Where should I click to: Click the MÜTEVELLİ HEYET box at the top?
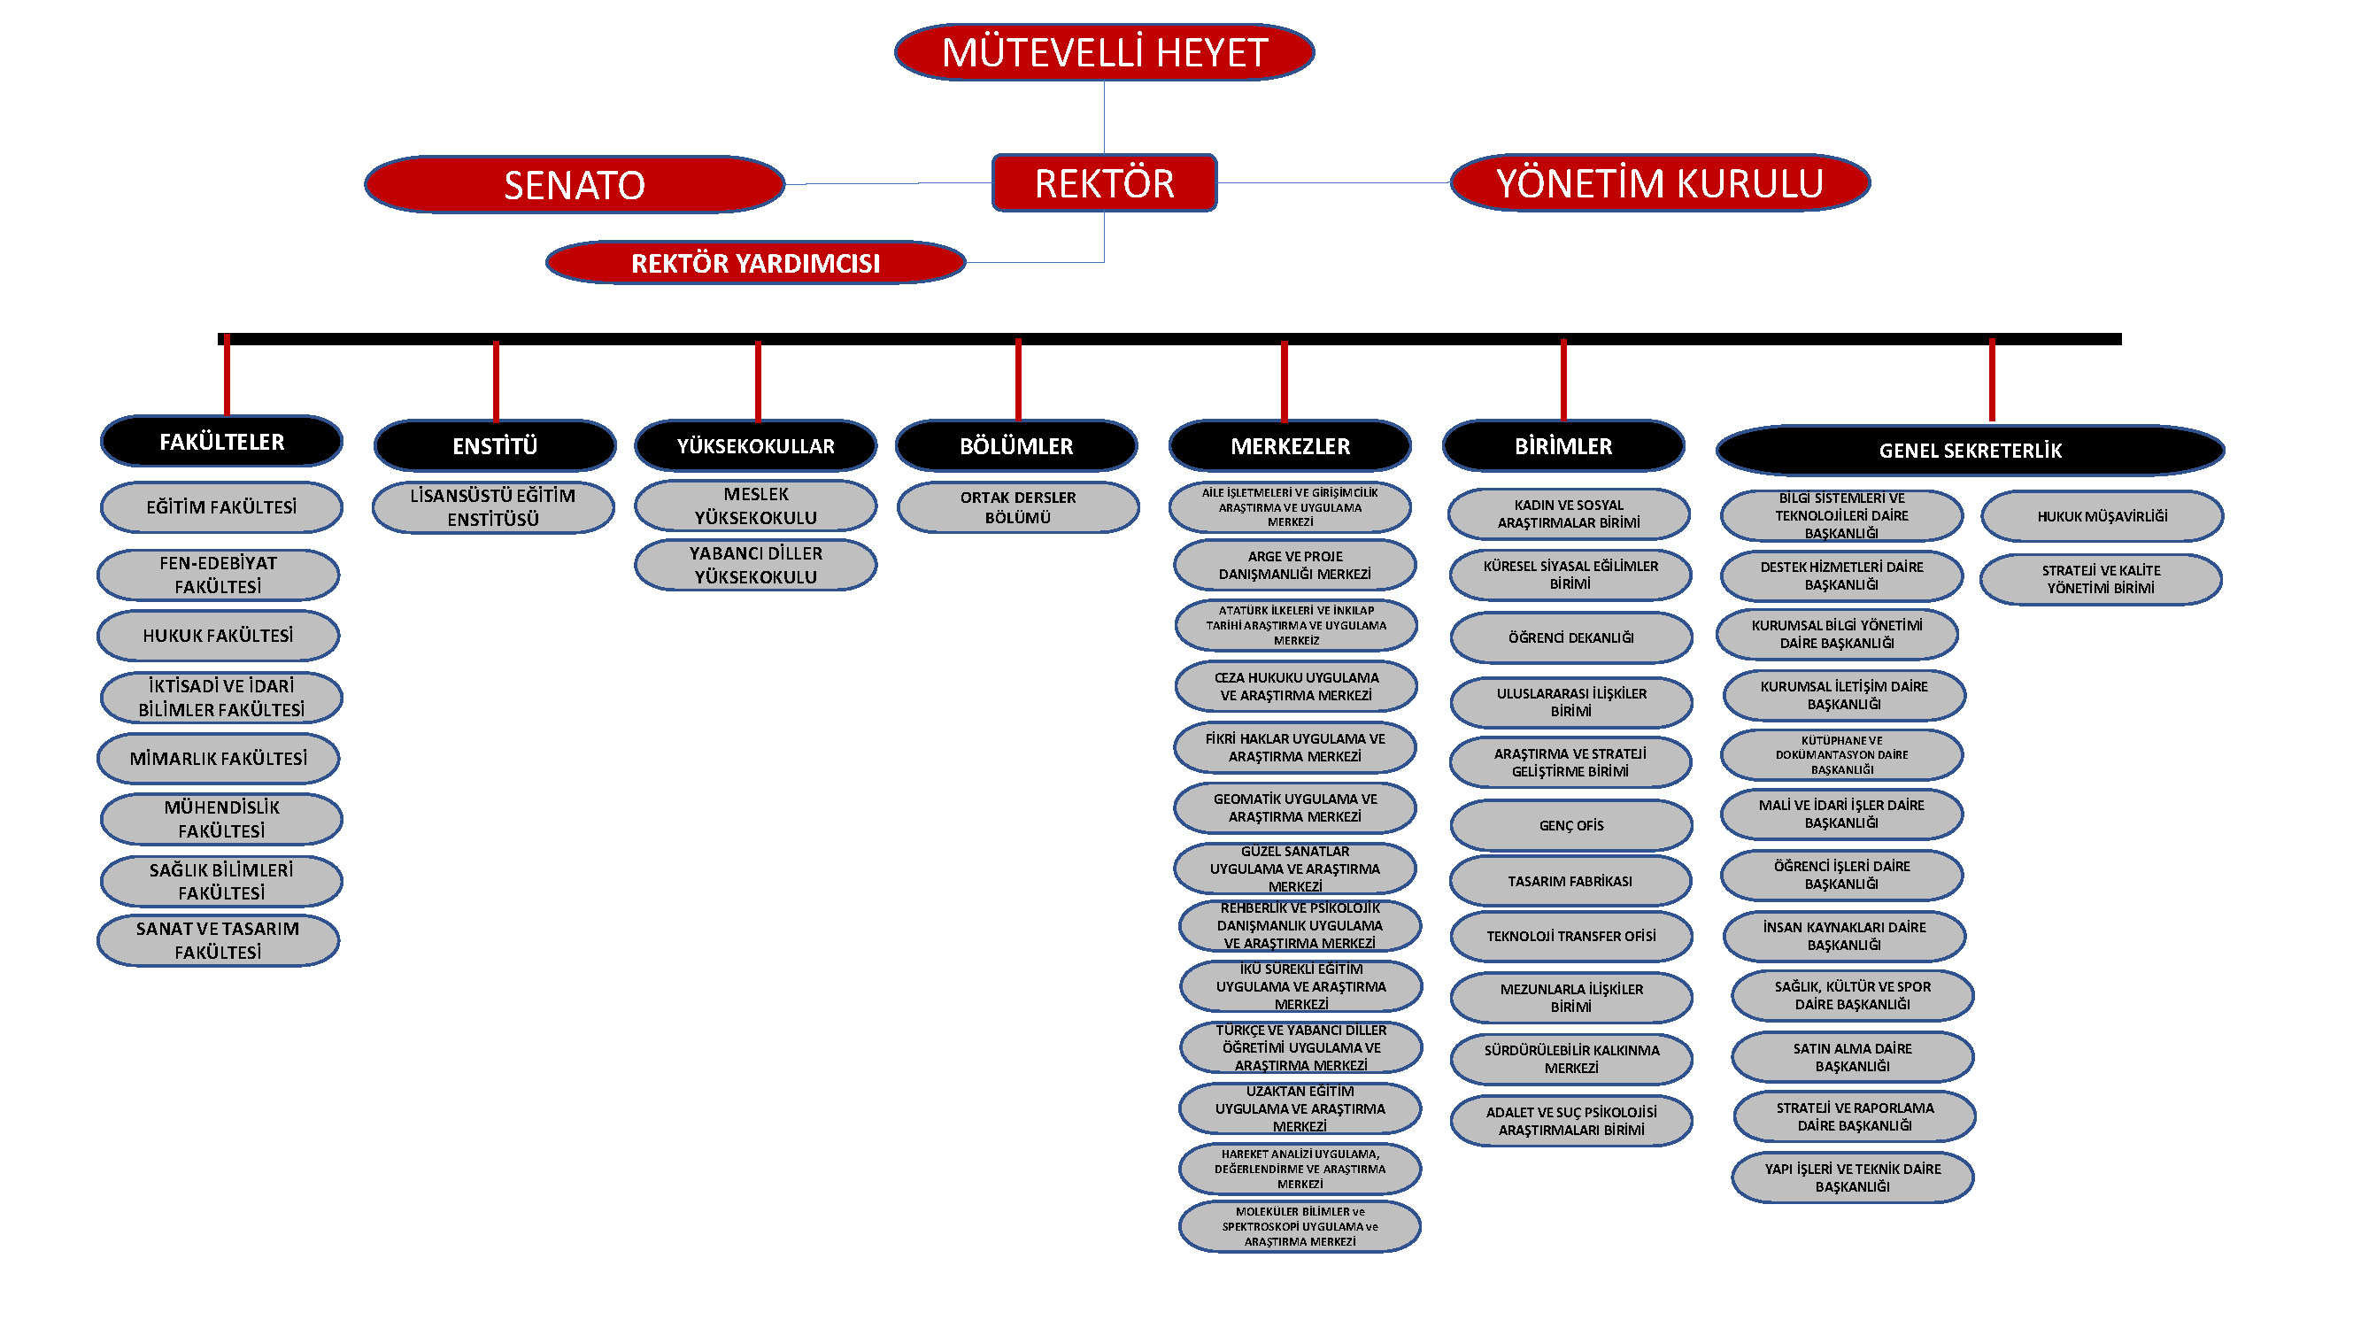(x=1104, y=52)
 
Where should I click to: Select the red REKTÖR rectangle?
(x=1104, y=183)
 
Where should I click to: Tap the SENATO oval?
(x=575, y=185)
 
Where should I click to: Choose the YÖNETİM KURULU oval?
(x=1659, y=183)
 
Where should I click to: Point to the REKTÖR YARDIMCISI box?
(x=755, y=263)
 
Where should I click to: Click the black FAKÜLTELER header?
(x=222, y=442)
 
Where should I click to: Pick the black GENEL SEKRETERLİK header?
(x=1970, y=450)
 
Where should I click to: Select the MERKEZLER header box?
(x=1290, y=446)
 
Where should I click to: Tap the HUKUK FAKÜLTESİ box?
(x=218, y=636)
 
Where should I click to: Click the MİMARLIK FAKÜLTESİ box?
(x=218, y=759)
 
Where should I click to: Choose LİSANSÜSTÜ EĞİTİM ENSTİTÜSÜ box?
(x=493, y=507)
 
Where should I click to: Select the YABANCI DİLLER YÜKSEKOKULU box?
(x=755, y=566)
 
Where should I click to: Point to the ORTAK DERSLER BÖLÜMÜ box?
(x=1017, y=507)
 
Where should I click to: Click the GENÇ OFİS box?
(x=1571, y=826)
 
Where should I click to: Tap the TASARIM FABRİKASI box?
(x=1570, y=882)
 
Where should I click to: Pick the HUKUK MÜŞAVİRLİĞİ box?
(x=2102, y=517)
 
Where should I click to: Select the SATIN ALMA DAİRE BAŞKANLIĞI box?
(x=1852, y=1058)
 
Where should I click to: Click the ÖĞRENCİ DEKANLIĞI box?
(x=1571, y=637)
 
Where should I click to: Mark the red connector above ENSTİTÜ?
(x=496, y=381)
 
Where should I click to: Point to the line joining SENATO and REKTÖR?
(x=887, y=184)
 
